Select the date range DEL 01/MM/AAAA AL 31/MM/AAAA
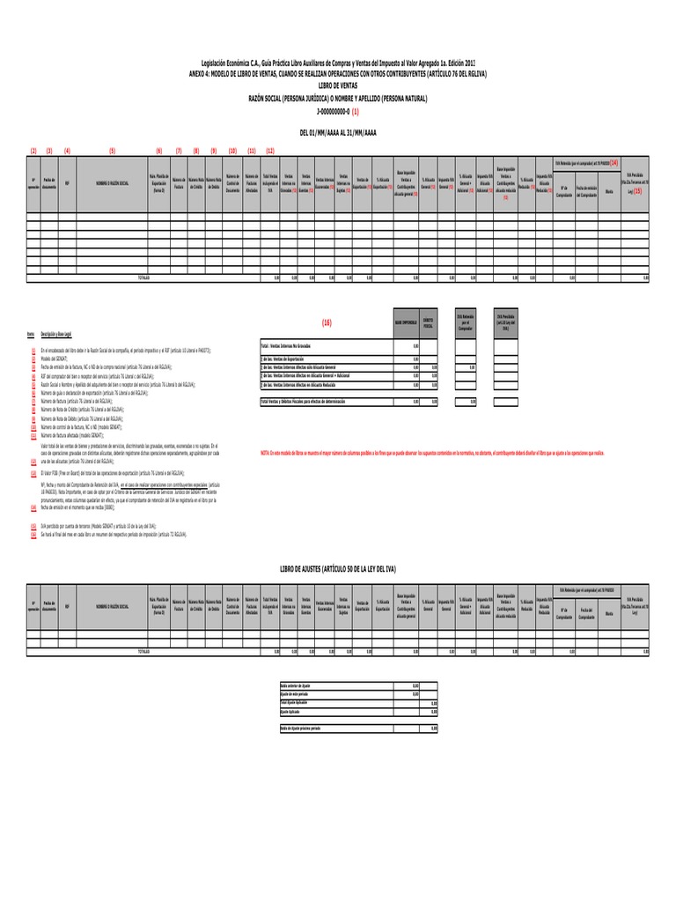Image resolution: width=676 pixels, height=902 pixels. click(339, 132)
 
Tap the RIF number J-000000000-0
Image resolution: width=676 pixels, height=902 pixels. click(334, 113)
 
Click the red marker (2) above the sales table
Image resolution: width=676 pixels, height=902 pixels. click(33, 151)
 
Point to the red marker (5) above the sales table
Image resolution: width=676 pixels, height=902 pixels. click(113, 151)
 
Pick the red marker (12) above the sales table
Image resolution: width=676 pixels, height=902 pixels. click(270, 151)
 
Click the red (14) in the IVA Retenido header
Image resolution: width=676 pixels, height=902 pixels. click(614, 163)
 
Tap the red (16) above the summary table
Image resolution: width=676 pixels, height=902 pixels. click(327, 323)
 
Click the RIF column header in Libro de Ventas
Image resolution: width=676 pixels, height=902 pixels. click(67, 183)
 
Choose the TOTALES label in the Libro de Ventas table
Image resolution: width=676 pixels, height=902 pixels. click(143, 277)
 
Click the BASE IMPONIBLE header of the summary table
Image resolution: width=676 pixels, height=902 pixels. click(405, 323)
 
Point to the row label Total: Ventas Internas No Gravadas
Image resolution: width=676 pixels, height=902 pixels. click(293, 346)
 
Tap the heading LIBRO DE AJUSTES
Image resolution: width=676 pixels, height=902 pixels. click(339, 571)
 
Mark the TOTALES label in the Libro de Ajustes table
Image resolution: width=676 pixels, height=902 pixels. click(143, 651)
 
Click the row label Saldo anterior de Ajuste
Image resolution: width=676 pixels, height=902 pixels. click(295, 684)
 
